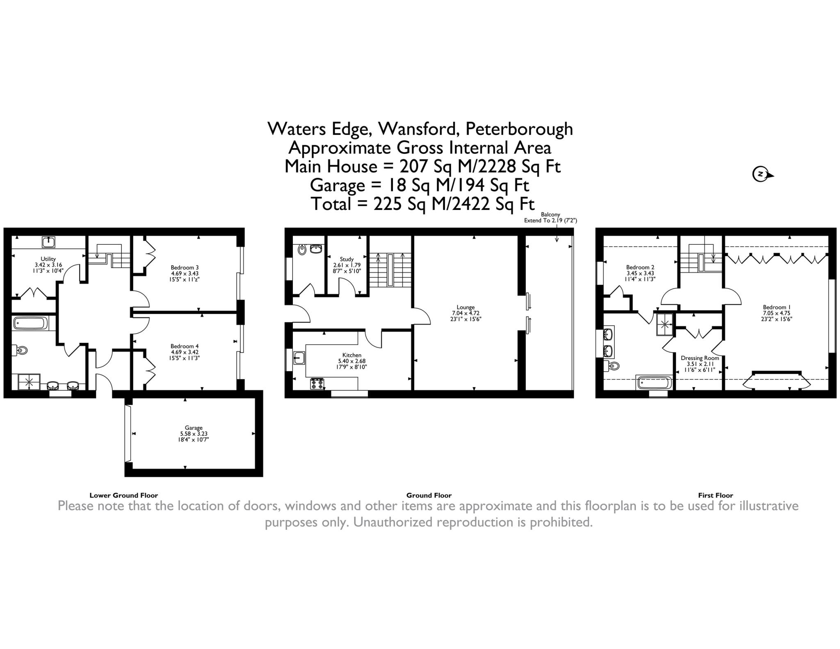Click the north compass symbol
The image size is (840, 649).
pyautogui.click(x=762, y=174)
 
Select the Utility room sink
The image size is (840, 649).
pyautogui.click(x=48, y=242)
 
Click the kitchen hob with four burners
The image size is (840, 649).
pyautogui.click(x=317, y=384)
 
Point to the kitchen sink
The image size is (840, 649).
pyautogui.click(x=299, y=358)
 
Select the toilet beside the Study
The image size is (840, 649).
pyautogui.click(x=302, y=249)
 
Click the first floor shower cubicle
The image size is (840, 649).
pyautogui.click(x=664, y=324)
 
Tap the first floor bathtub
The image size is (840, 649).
pyautogui.click(x=654, y=383)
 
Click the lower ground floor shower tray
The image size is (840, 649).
pyautogui.click(x=29, y=382)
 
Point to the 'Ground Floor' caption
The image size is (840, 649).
pyautogui.click(x=429, y=495)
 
